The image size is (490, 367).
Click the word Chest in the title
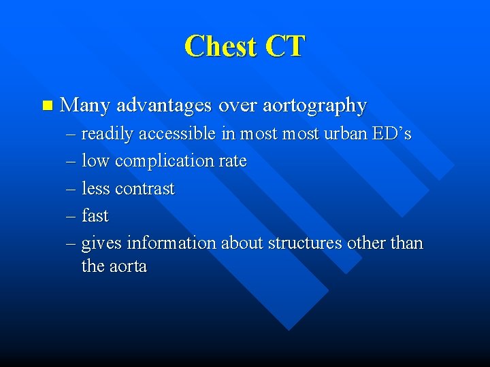coord(220,46)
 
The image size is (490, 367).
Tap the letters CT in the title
coord(285,46)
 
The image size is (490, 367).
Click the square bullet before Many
coord(46,105)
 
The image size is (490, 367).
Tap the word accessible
coord(178,135)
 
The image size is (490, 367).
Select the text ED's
coord(391,134)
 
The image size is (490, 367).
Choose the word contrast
coord(145,189)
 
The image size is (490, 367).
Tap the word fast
coord(95,216)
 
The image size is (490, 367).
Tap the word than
coord(406,243)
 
